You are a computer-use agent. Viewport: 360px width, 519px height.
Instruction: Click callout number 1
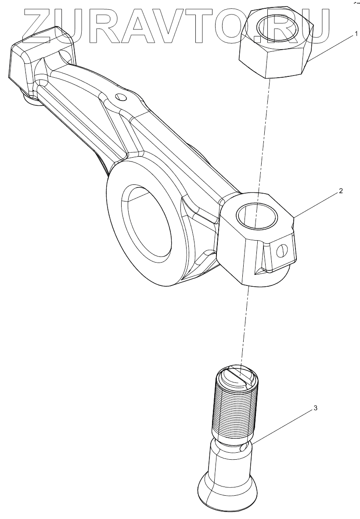[356, 34]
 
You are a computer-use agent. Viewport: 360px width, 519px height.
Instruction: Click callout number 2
[340, 191]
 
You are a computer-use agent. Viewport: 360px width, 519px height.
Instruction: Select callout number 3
[315, 408]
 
